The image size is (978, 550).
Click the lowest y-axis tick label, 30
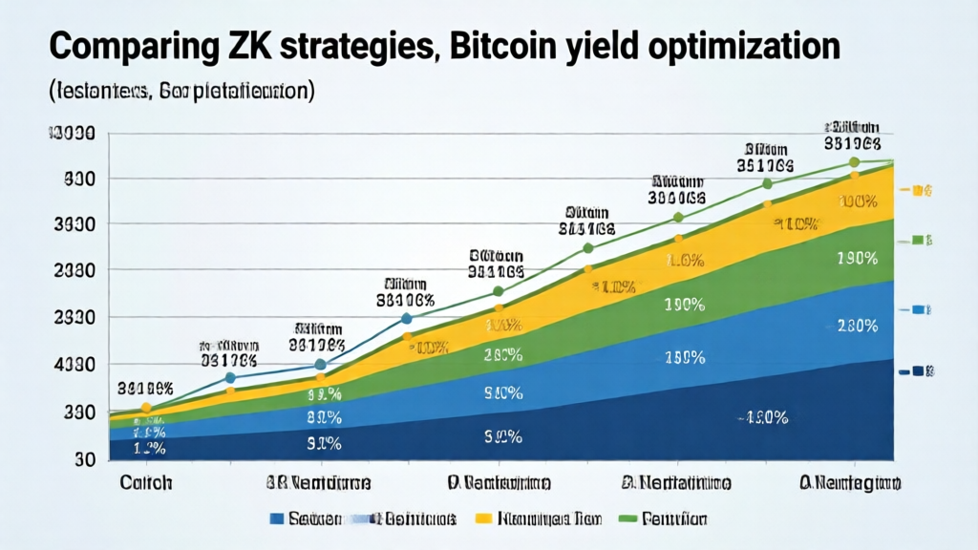pyautogui.click(x=83, y=459)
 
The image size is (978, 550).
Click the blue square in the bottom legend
pyautogui.click(x=277, y=518)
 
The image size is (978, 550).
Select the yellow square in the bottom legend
pyautogui.click(x=483, y=518)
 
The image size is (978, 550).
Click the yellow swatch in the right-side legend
pyautogui.click(x=920, y=191)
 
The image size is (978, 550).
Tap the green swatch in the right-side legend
pyautogui.click(x=920, y=240)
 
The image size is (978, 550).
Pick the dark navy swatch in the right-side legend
pyautogui.click(x=920, y=370)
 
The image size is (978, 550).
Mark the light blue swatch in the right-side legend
pyautogui.click(x=920, y=310)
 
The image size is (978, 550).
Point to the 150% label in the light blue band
pyautogui.click(x=685, y=358)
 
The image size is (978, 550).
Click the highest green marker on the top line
pyautogui.click(x=854, y=163)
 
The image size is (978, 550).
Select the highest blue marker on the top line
pyautogui.click(x=407, y=319)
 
